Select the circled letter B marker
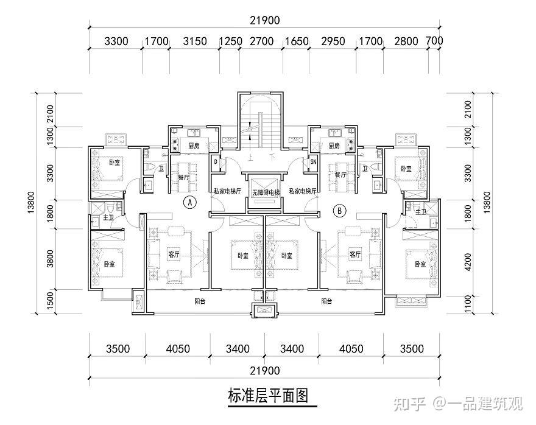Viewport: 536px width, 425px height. [340, 211]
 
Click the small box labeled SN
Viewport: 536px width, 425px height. [313, 162]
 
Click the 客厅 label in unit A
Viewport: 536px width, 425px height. [174, 255]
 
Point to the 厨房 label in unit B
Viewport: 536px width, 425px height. [333, 146]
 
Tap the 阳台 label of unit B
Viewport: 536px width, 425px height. [327, 301]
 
